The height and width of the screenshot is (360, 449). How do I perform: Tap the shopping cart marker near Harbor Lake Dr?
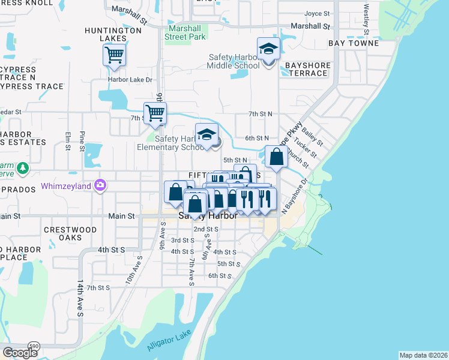pos(114,55)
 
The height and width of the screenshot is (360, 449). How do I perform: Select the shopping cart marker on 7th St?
pos(155,112)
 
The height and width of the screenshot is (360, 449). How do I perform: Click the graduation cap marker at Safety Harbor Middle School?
pos(268,49)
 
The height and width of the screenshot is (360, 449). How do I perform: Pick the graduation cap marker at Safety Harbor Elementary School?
pos(206,135)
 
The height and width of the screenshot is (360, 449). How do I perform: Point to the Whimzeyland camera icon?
pos(100,186)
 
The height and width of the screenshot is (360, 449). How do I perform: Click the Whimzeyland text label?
pos(66,187)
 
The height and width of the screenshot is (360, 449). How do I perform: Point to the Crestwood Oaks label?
pos(71,234)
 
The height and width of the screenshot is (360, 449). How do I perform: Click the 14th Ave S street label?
pos(79,297)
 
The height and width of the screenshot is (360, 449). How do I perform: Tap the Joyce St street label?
pos(318,13)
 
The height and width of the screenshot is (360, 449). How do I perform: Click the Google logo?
pos(20,353)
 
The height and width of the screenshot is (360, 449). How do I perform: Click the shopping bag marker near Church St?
pos(276,157)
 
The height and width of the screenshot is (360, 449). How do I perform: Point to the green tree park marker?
pos(23,168)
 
